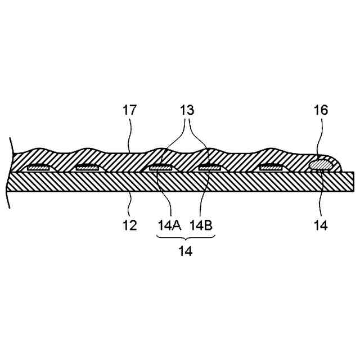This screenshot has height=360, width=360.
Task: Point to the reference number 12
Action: pyautogui.click(x=130, y=226)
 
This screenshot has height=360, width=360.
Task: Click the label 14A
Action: pyautogui.click(x=169, y=226)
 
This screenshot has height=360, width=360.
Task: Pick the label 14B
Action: pyautogui.click(x=201, y=226)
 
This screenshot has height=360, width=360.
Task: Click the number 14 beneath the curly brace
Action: pyautogui.click(x=186, y=251)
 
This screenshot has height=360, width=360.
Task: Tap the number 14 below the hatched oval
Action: pyautogui.click(x=321, y=226)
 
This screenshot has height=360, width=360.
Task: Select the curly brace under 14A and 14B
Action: pyautogui.click(x=186, y=240)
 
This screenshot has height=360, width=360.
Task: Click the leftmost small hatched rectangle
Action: pyautogui.click(x=39, y=166)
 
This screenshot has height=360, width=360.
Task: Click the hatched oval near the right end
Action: pyautogui.click(x=320, y=164)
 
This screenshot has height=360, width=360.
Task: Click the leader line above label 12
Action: pyautogui.click(x=130, y=204)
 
